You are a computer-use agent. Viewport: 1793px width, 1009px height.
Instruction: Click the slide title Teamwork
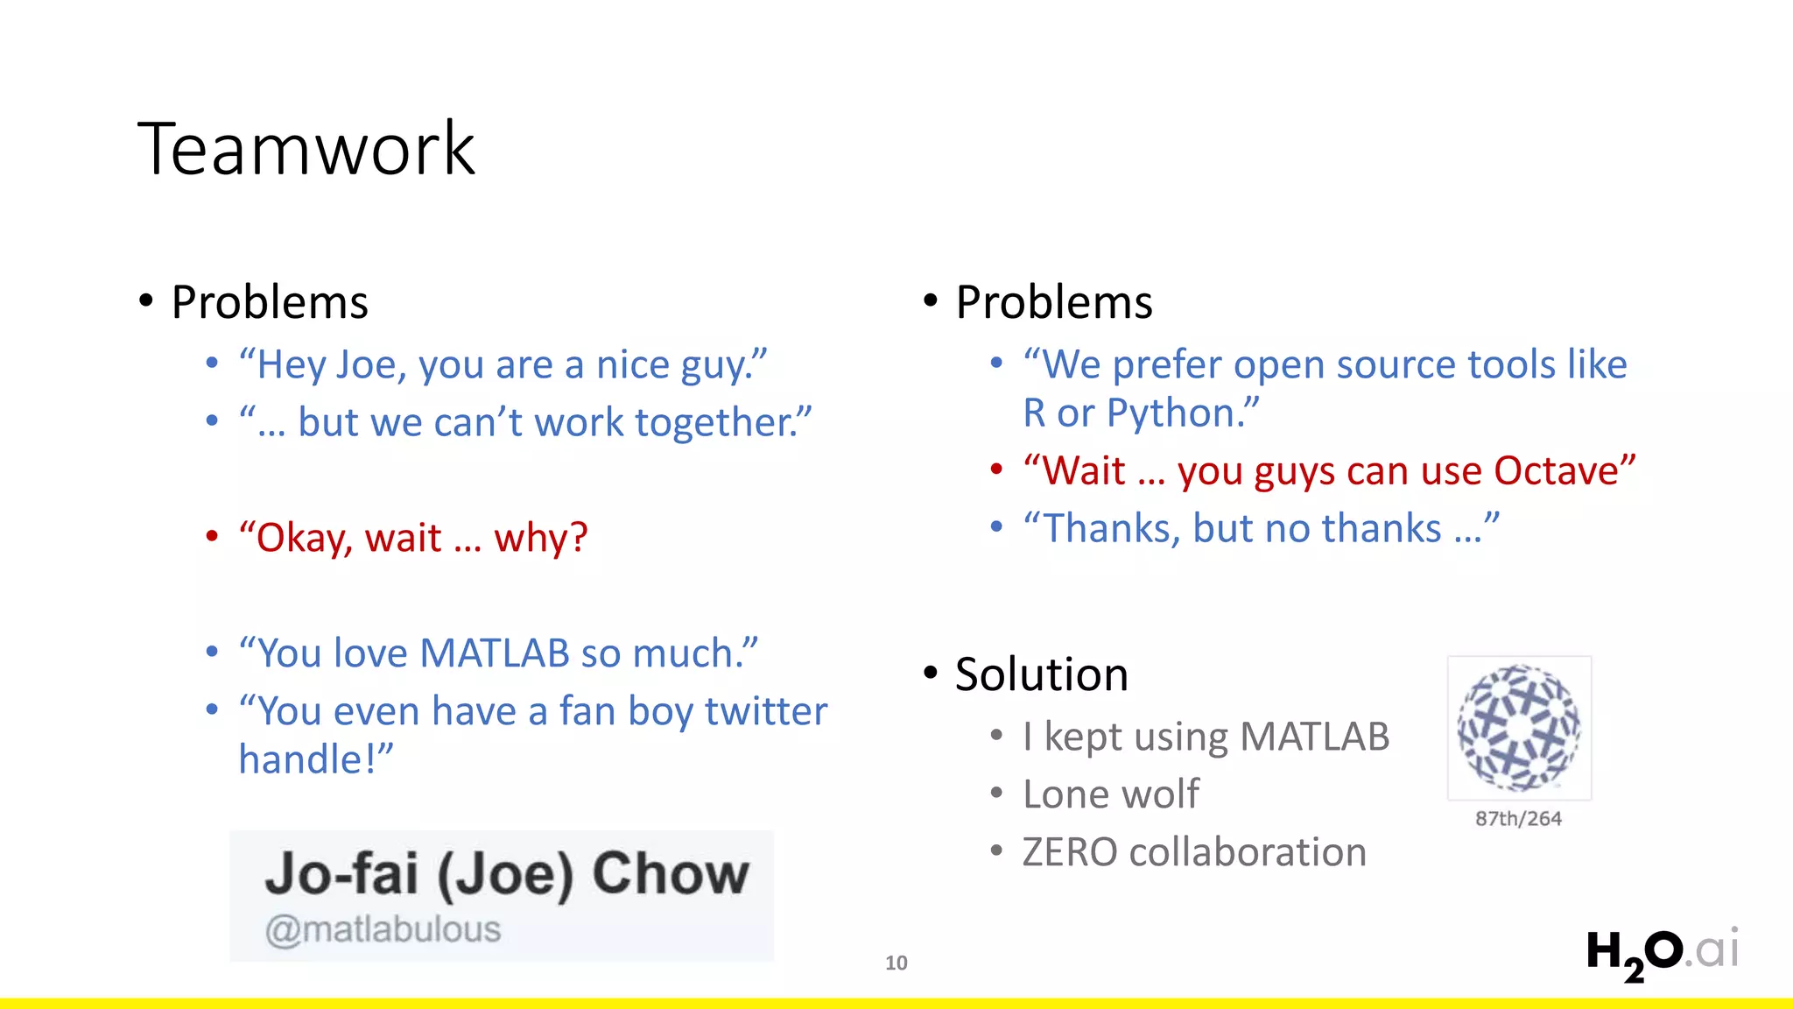pyautogui.click(x=306, y=149)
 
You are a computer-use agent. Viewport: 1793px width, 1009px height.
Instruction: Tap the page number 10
pyautogui.click(x=896, y=963)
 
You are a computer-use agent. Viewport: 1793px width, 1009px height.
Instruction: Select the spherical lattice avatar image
pyautogui.click(x=1518, y=727)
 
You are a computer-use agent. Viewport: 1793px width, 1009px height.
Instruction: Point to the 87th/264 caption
pyautogui.click(x=1518, y=819)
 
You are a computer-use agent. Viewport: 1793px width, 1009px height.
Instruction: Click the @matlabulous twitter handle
pyautogui.click(x=383, y=929)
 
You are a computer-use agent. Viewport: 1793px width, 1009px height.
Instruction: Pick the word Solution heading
pyautogui.click(x=1041, y=674)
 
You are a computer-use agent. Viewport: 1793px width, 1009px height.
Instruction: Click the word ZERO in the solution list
pyautogui.click(x=1069, y=852)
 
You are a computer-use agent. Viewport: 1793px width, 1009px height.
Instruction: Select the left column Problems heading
pyautogui.click(x=270, y=302)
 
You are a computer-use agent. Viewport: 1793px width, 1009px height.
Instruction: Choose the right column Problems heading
pyautogui.click(x=1054, y=302)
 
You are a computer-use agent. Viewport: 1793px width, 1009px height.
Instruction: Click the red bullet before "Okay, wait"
pyautogui.click(x=212, y=536)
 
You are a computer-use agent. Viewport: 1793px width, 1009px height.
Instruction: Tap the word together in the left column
pyautogui.click(x=714, y=423)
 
